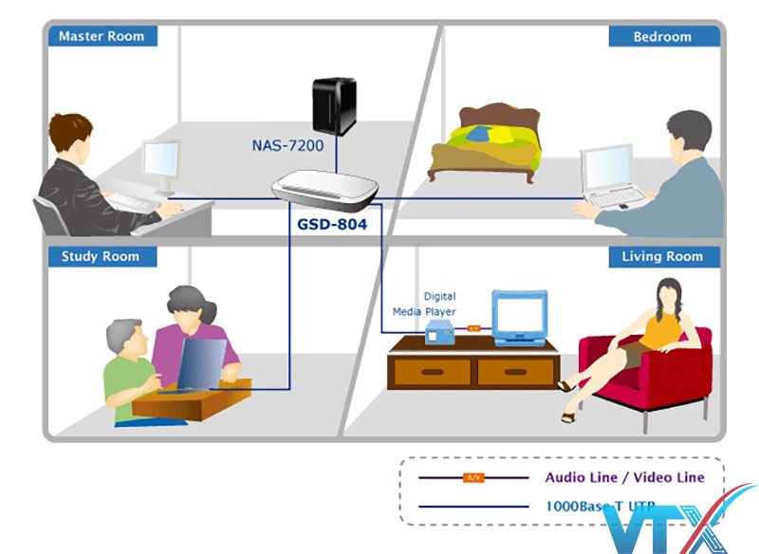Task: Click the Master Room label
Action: (101, 36)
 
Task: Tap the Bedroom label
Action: (662, 36)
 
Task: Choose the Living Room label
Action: (662, 256)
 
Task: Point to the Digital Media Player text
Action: (425, 304)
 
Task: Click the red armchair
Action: (655, 365)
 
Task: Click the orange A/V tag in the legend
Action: (472, 477)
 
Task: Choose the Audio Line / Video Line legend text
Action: (623, 477)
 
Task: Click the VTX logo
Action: (702, 522)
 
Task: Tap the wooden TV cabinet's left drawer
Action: (432, 372)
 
